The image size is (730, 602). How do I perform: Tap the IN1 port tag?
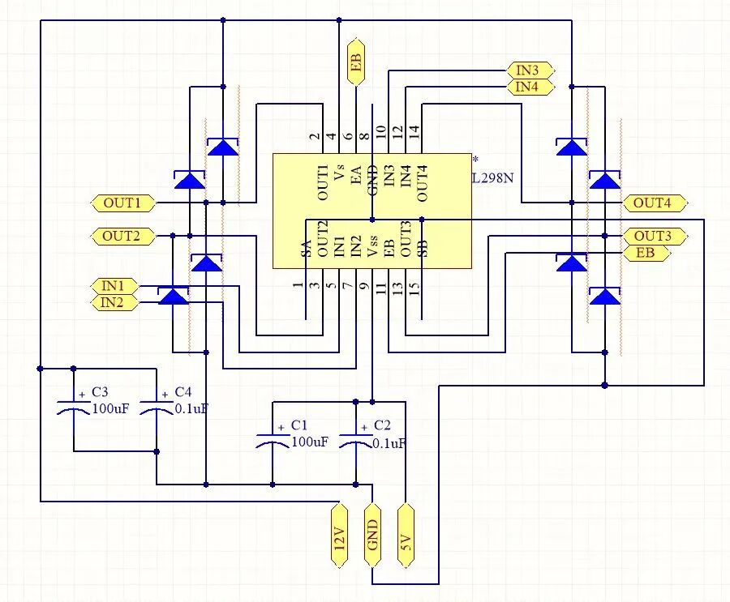(114, 286)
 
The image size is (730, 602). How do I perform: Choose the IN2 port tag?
(114, 303)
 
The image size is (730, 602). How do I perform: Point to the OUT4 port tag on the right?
(654, 203)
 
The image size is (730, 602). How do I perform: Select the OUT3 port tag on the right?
(654, 236)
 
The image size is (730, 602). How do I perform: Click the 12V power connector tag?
(340, 534)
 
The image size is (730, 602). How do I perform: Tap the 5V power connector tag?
(406, 534)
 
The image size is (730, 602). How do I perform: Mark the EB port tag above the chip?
(355, 62)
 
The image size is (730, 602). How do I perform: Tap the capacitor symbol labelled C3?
(74, 408)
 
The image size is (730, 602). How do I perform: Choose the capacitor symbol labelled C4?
(157, 408)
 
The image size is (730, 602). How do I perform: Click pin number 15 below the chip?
(414, 287)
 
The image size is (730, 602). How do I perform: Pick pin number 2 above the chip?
(314, 138)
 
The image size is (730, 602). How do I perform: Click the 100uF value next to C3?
(108, 409)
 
